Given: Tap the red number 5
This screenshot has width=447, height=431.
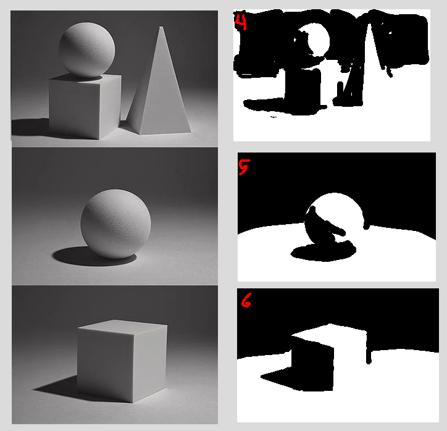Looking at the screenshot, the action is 244,167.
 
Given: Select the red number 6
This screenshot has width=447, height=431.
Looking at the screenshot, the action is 246,301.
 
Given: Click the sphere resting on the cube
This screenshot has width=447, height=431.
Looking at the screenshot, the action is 87,50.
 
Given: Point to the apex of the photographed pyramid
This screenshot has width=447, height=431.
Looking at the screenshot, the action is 161,27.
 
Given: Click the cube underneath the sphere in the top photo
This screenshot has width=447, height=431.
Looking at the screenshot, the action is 85,106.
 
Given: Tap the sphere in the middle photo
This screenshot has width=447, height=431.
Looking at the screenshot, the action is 115,224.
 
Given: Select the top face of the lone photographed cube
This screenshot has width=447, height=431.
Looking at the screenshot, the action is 123,327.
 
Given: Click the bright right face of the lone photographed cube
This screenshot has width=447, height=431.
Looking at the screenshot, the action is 150,364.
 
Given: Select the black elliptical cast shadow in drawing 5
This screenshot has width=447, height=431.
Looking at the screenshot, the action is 324,253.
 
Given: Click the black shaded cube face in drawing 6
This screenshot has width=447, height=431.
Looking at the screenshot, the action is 313,364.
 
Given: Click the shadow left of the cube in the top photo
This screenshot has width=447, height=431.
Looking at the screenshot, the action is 30,127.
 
